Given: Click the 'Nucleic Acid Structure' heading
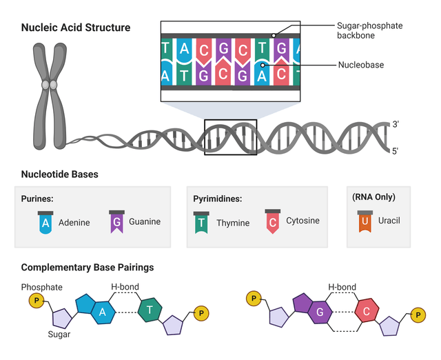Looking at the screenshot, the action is pos(76,28).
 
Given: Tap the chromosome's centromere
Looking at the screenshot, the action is pos(49,85).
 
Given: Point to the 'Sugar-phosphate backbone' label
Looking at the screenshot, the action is pos(369,30).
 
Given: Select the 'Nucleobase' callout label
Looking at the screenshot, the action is pos(361,65).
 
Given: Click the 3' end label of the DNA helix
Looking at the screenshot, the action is pos(396,124).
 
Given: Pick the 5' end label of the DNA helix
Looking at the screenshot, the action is pos(395,151).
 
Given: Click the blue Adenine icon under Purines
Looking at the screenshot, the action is pos(45,222).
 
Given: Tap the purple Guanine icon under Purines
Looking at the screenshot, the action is pos(116,221).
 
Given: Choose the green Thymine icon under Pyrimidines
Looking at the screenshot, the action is pos(201,223).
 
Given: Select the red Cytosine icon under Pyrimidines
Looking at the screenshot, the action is pos(273,221).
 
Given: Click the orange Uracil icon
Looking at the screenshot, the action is pos(365,221).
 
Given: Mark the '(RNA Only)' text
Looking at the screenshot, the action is pos(373,197).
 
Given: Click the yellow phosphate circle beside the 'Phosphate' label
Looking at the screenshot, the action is pos(37,300).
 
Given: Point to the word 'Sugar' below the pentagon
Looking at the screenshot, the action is pos(59,334).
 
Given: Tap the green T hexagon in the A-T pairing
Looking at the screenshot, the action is pos(150,310).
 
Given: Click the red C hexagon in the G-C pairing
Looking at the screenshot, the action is pos(367,311).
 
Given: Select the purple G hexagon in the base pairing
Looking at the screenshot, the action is pos(320,312).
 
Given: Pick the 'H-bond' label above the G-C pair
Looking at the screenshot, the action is pos(342,287).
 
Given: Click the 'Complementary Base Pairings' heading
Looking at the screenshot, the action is pos(88,267).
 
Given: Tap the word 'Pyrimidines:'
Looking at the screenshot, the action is pos(218,199).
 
